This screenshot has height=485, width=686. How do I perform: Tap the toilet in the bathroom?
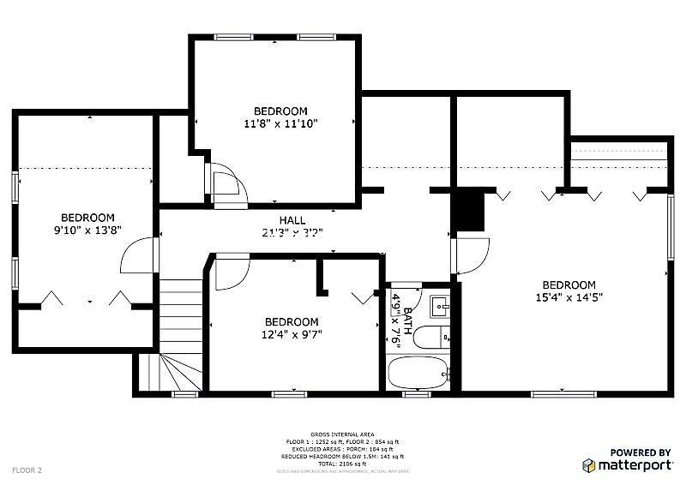[x=430, y=338]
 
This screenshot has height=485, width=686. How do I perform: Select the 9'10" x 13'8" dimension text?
[x=87, y=231]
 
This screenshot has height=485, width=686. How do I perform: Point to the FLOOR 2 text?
[x=27, y=470]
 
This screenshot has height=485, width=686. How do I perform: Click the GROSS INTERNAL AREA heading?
[x=342, y=435]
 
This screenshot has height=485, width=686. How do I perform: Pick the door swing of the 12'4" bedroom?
[x=228, y=272]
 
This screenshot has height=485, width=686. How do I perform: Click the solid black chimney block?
[x=469, y=210]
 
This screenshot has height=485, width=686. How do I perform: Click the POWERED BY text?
[x=640, y=452]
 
